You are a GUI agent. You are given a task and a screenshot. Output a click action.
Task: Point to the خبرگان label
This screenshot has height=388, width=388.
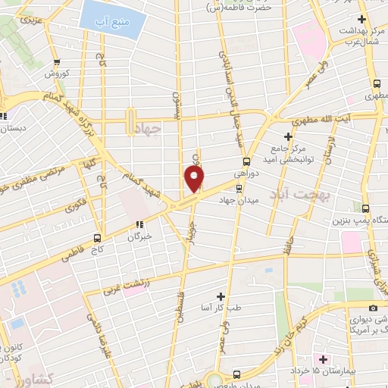pos(139,236)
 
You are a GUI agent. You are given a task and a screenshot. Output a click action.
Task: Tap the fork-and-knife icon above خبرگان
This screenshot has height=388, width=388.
pos(139,224)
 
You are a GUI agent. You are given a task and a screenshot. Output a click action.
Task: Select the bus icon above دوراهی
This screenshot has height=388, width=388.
pos(246,161)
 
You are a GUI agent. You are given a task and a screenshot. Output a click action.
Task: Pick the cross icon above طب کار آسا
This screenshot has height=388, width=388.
pos(221,296)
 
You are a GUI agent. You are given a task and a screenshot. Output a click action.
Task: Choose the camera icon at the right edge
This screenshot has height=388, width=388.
pos(372,308)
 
